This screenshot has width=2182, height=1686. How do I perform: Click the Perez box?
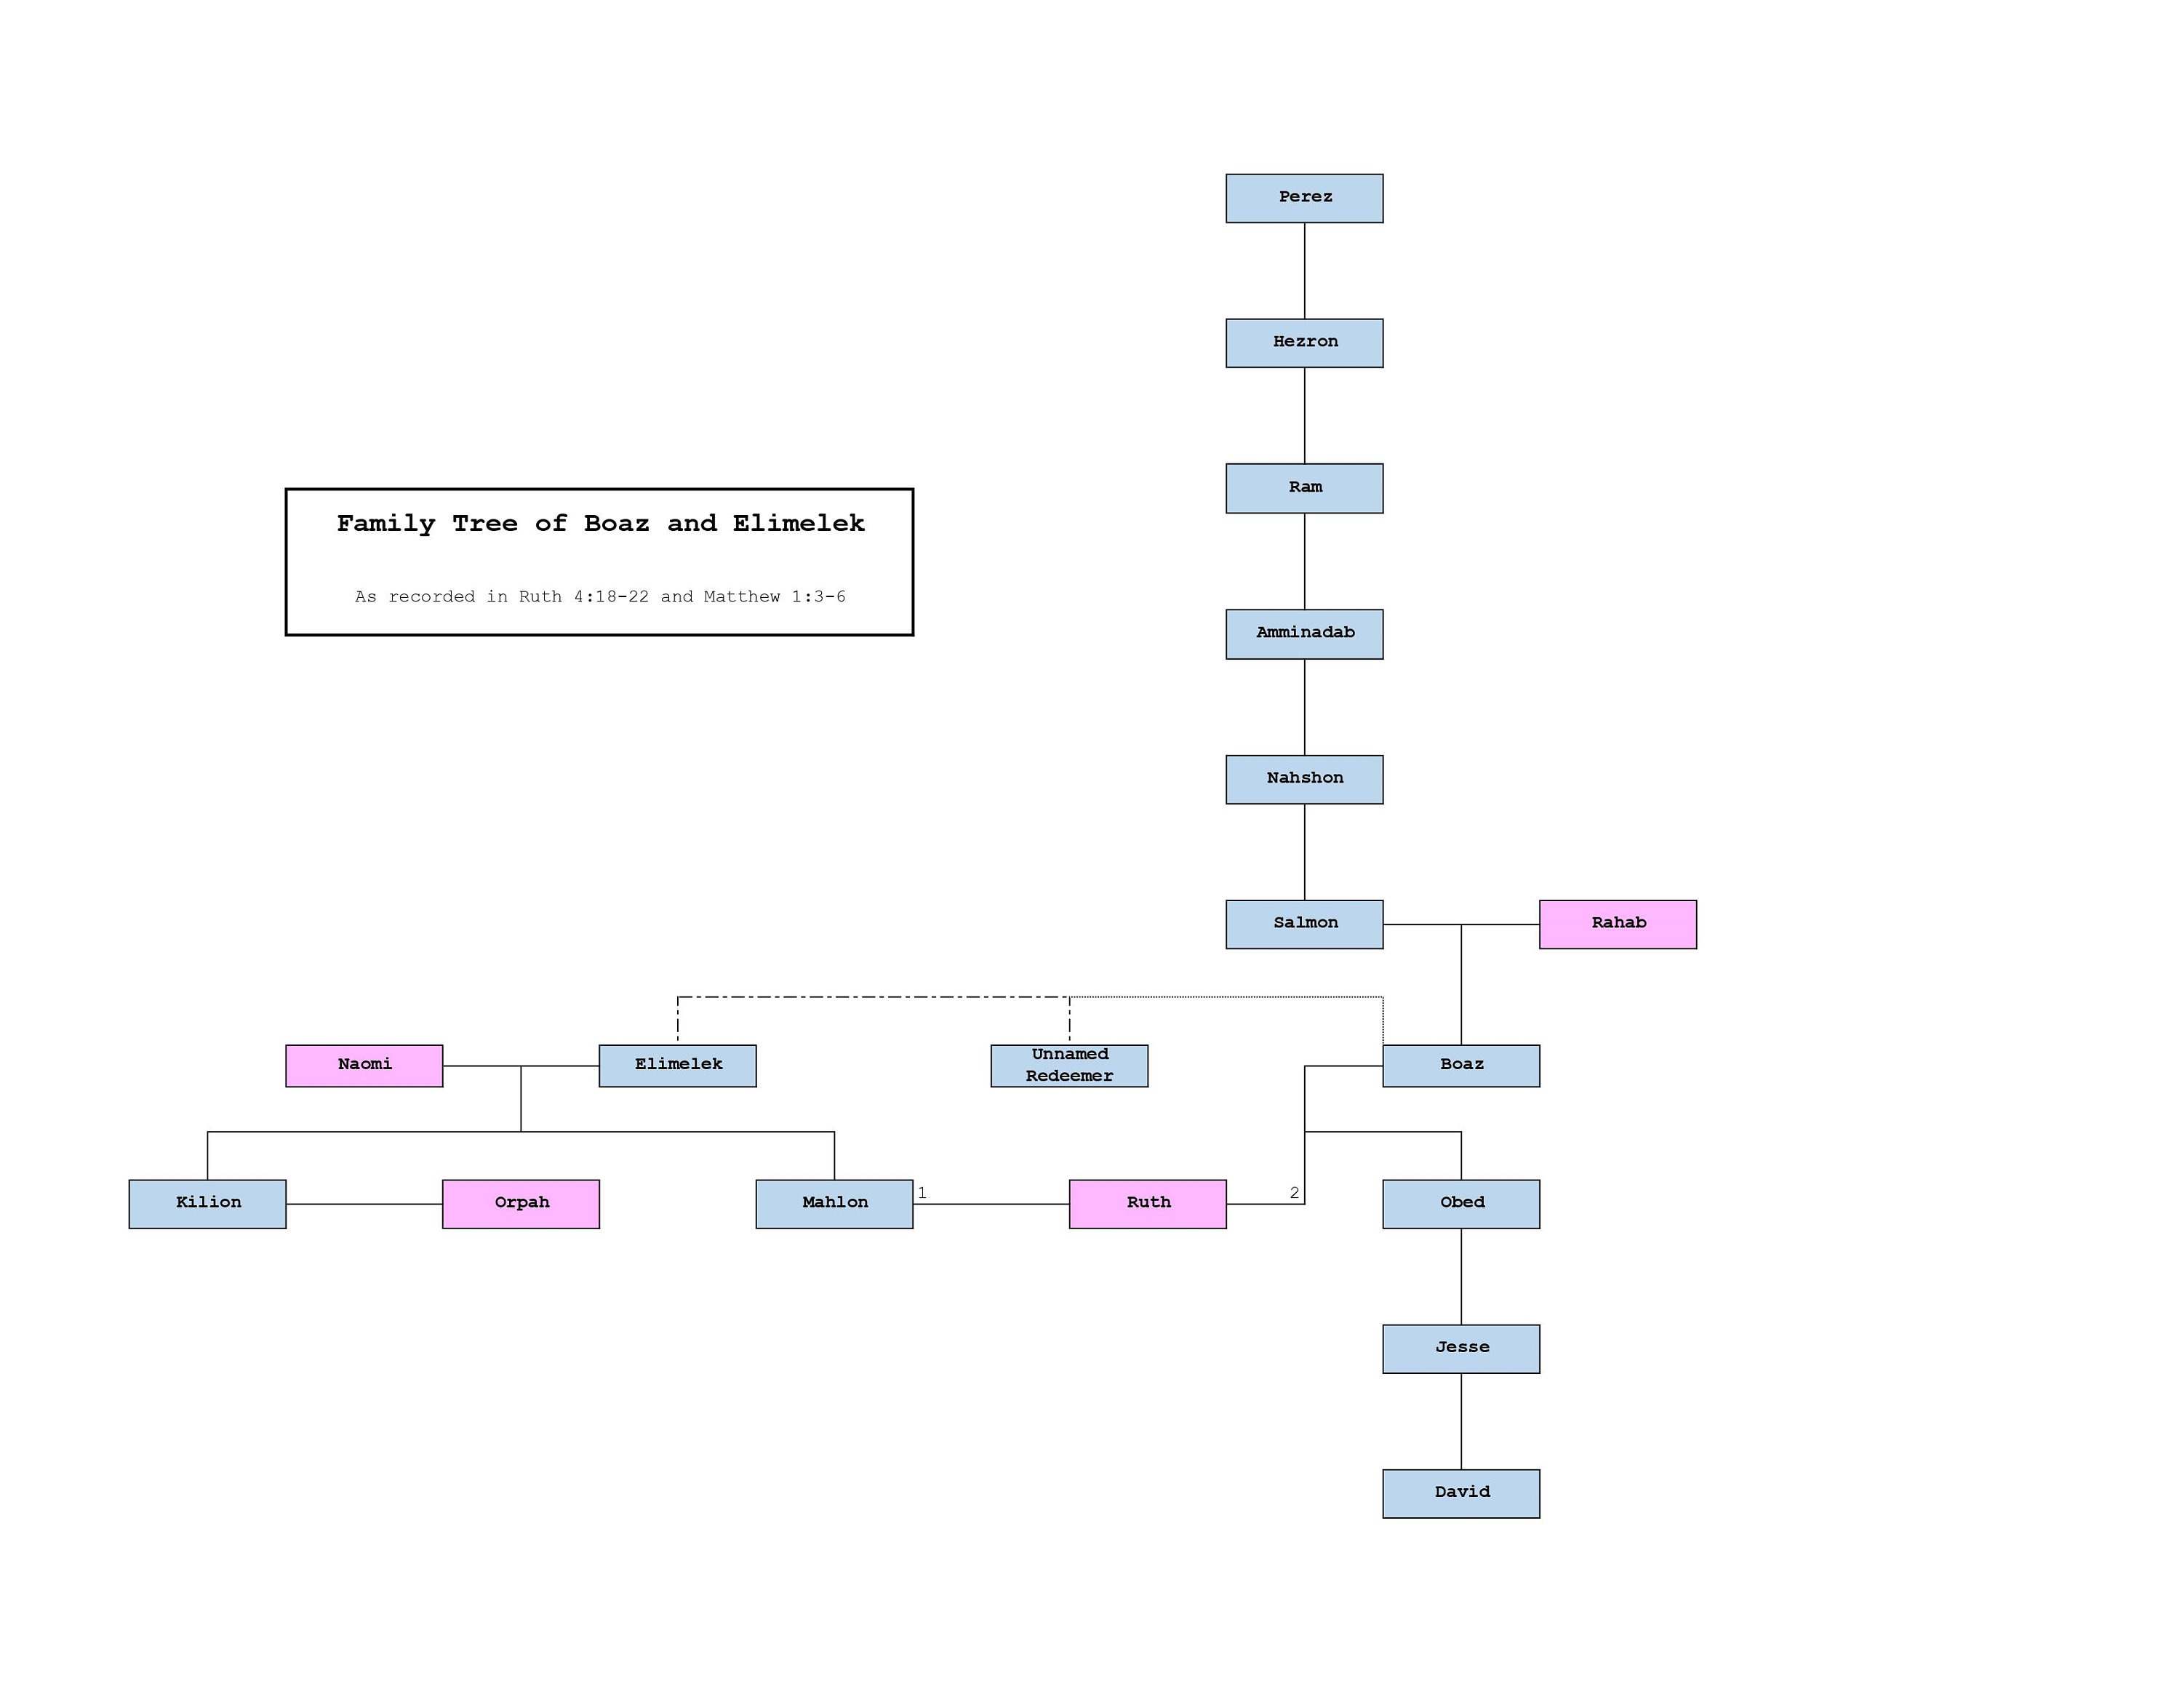click(x=1304, y=198)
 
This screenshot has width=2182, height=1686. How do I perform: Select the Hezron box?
click(x=1304, y=343)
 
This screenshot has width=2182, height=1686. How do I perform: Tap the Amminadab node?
click(x=1304, y=634)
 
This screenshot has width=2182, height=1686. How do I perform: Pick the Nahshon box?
click(x=1304, y=779)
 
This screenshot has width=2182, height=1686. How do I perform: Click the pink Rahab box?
click(x=1617, y=924)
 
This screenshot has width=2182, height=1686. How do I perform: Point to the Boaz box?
click(x=1460, y=1065)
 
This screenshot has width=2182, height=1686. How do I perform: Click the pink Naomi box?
click(x=364, y=1065)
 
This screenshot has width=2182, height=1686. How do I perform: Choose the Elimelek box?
click(x=677, y=1065)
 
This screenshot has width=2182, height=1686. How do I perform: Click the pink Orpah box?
click(x=521, y=1204)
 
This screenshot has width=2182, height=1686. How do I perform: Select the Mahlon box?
click(x=834, y=1204)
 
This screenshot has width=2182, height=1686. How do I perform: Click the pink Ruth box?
click(x=1147, y=1204)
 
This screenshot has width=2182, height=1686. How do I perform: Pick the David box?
click(x=1460, y=1493)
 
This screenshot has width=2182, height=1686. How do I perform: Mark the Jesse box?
click(x=1460, y=1349)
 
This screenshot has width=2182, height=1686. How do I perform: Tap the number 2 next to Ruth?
click(x=1294, y=1193)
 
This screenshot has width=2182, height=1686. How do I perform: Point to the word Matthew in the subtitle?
click(x=741, y=596)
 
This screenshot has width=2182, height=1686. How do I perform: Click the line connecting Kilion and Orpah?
click(x=364, y=1204)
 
